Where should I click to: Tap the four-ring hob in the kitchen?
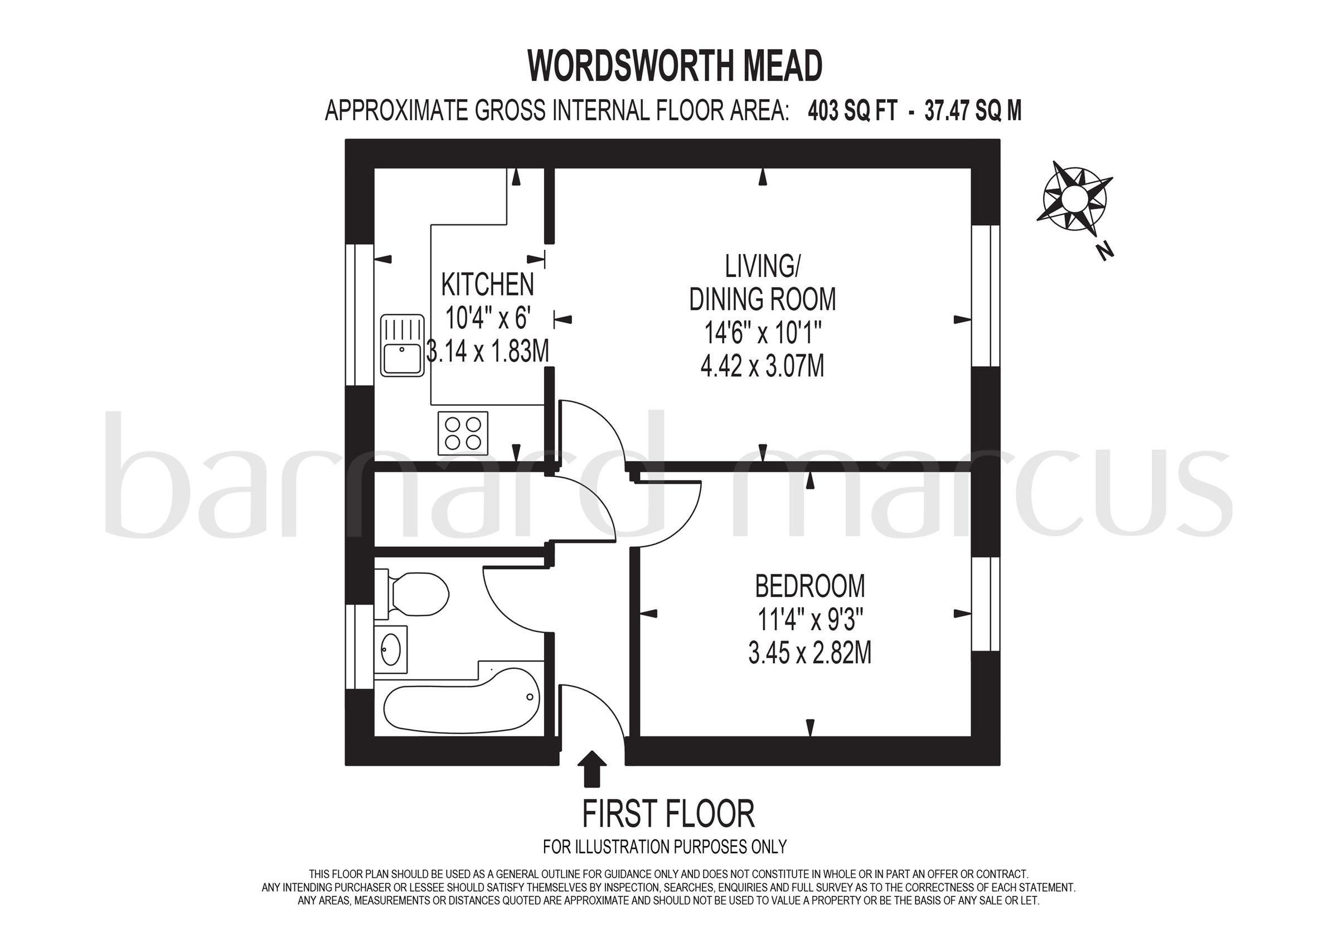pos(463,433)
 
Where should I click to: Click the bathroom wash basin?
pos(390,649)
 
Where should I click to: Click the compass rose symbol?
pos(1073,199)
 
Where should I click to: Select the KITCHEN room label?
pos(488,285)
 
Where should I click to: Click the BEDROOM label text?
pos(809,586)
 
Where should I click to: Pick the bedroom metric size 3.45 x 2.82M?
pos(809,653)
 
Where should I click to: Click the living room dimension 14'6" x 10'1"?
pos(762,334)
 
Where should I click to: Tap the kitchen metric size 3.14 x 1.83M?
pos(488,351)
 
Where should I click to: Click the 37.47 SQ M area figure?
pos(973,111)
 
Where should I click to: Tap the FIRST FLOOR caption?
pos(668,814)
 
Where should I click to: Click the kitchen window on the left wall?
pos(360,314)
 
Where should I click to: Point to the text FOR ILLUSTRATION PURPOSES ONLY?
pos(665,846)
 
